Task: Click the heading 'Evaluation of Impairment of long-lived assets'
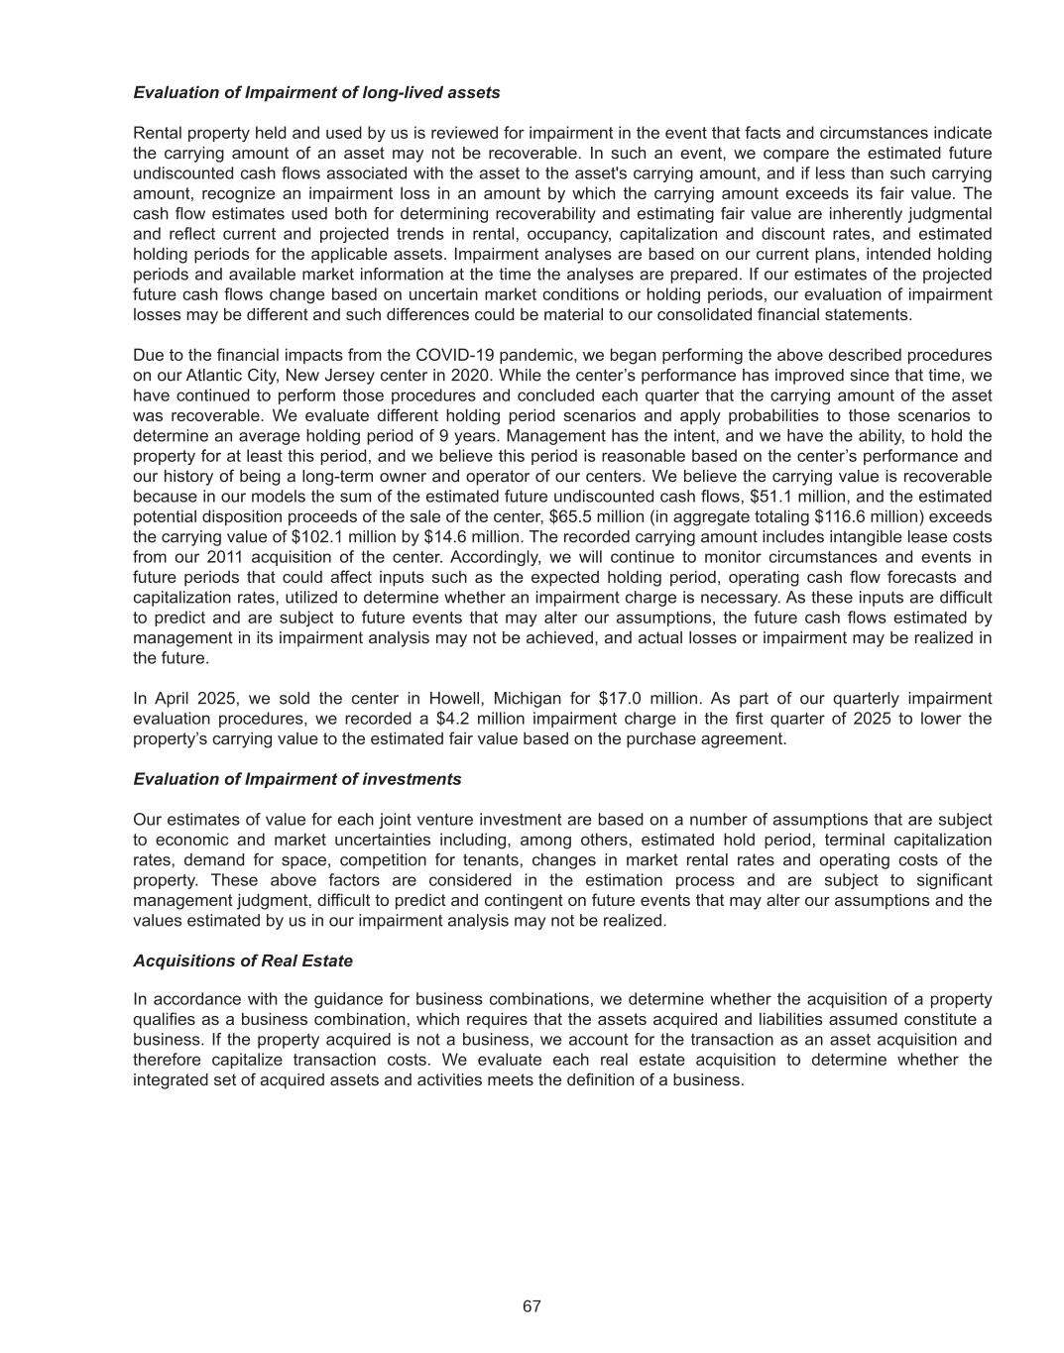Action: [316, 92]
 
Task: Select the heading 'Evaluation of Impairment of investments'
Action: [296, 779]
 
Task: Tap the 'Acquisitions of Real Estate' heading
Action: [243, 960]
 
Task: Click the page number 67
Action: [532, 1306]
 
